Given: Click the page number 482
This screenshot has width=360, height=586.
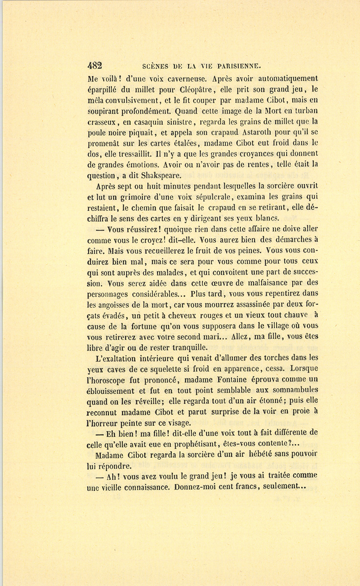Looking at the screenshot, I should (x=95, y=66).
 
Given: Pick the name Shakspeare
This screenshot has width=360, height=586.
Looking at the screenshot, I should (x=161, y=175).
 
